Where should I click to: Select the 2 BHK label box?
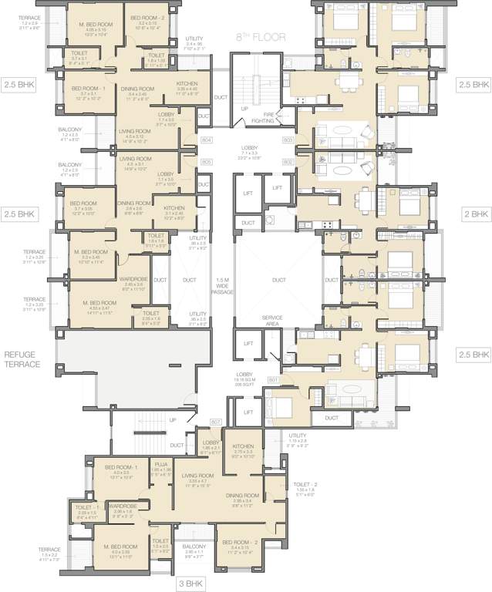[474, 214]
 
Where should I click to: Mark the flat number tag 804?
[206, 141]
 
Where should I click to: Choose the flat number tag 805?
[206, 163]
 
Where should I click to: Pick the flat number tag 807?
[215, 421]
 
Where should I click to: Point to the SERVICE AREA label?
[272, 320]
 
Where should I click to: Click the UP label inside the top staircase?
[244, 109]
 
